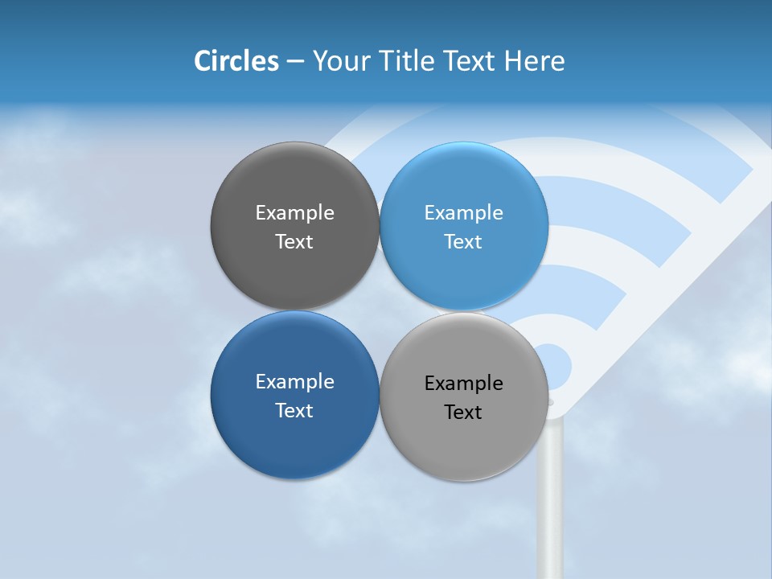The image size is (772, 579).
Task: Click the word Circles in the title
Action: click(x=236, y=61)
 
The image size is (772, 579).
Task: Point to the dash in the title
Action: click(x=295, y=62)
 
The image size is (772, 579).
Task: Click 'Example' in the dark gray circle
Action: click(x=294, y=212)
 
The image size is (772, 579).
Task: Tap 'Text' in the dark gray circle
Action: click(x=294, y=241)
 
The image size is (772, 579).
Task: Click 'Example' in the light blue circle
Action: click(x=464, y=212)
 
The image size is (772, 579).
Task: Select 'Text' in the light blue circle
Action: click(x=464, y=241)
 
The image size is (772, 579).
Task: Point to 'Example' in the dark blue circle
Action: click(x=294, y=381)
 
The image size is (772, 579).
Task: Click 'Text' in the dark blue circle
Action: click(x=294, y=410)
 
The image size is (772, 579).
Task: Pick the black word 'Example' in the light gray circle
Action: click(x=464, y=383)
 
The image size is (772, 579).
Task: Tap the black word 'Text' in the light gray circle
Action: click(x=464, y=412)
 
